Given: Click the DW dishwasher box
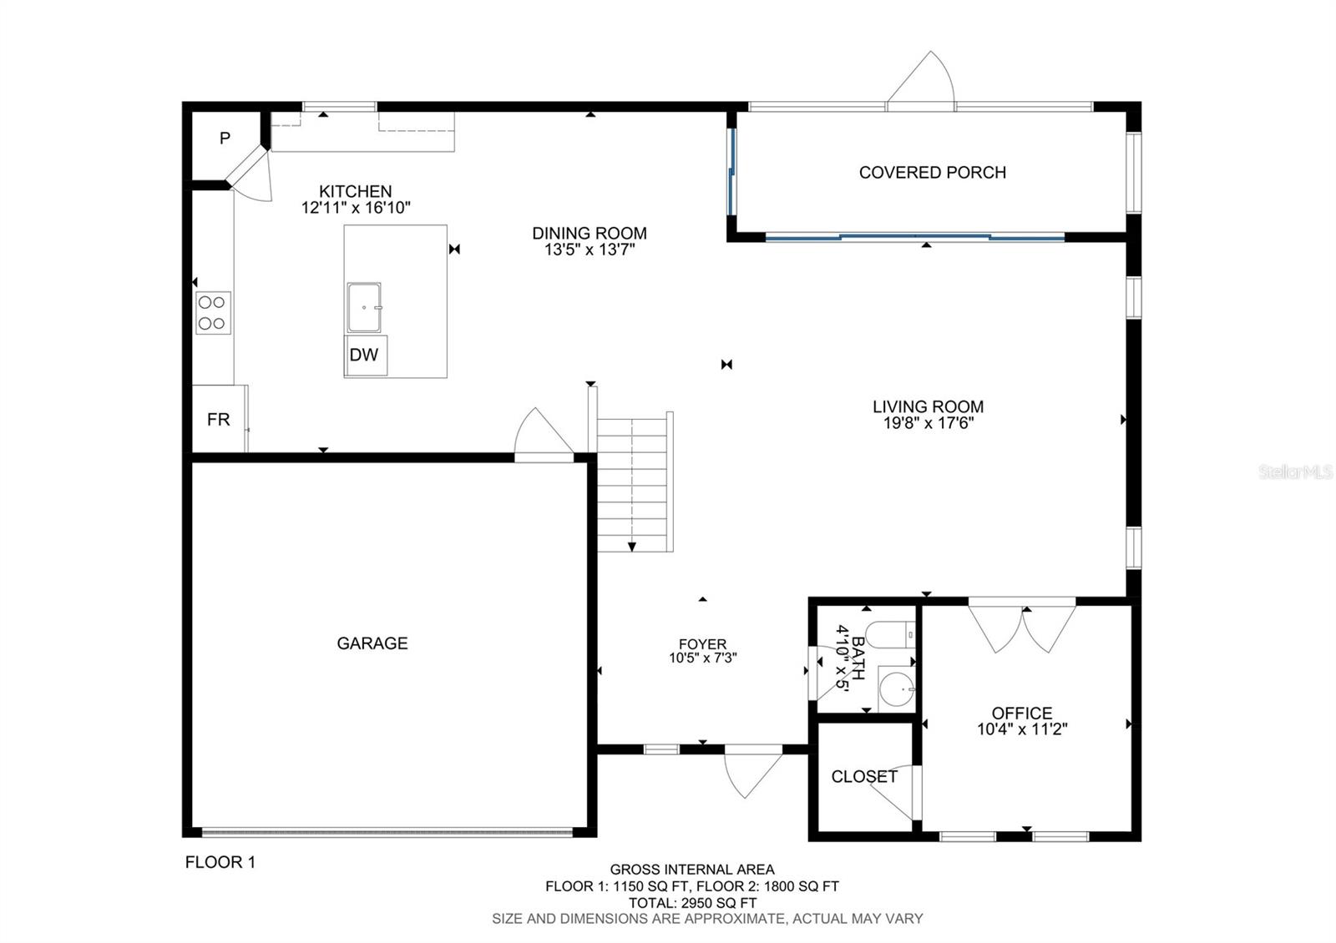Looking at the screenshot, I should tap(365, 355).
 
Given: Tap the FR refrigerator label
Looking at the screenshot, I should tap(218, 420).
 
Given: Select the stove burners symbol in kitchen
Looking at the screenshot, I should tap(213, 313).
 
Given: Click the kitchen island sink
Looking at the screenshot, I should tap(364, 308).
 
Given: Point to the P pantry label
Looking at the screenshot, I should tap(225, 139).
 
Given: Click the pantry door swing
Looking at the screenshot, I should tap(253, 178).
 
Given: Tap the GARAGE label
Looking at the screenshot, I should tap(372, 643).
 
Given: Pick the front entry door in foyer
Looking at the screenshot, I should tap(751, 773).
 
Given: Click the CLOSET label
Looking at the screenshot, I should tap(864, 777).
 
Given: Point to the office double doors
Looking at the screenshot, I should tap(1021, 626).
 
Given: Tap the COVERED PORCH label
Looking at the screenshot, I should tap(932, 173).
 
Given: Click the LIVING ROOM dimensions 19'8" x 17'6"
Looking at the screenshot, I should tap(929, 423).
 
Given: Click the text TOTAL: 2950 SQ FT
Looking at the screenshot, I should tap(692, 903).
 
